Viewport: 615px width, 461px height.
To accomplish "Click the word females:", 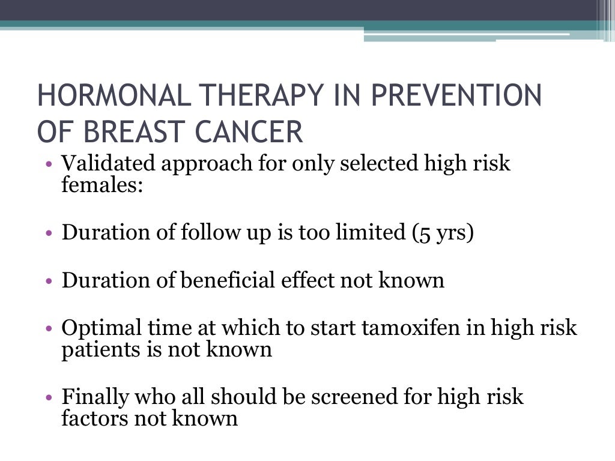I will click(x=102, y=184).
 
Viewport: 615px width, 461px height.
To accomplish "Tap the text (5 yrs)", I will click(x=443, y=233).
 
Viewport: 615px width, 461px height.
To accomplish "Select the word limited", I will click(x=369, y=232).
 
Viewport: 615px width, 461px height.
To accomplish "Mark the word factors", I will click(x=94, y=418).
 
